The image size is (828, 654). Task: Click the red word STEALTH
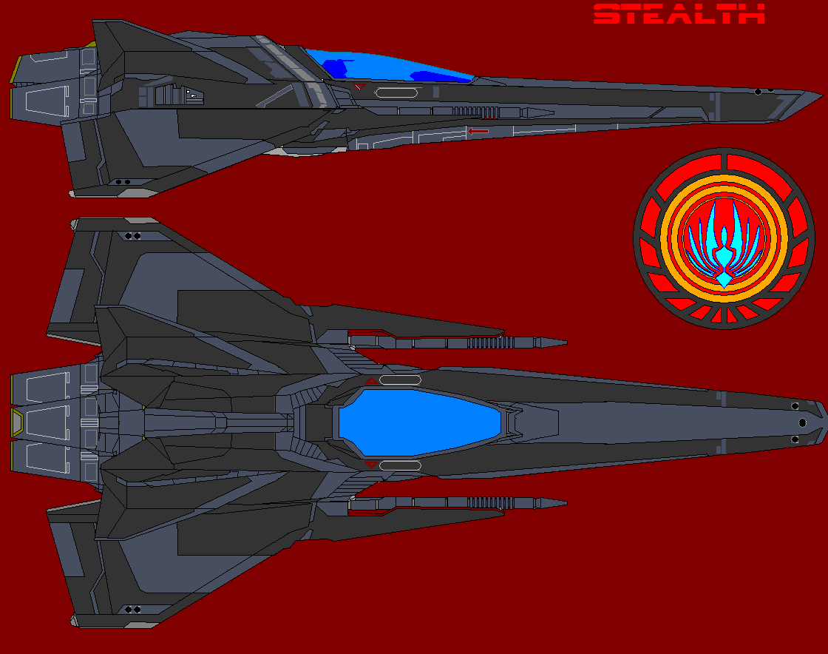coord(679,14)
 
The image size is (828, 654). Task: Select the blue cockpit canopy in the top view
coord(420,422)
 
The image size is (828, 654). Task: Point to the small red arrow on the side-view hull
coord(478,132)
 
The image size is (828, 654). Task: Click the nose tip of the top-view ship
coord(823,422)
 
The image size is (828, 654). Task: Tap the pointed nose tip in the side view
coord(821,94)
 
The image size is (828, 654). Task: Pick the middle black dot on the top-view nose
coord(802,422)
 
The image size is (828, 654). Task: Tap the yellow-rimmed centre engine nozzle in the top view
coord(16,422)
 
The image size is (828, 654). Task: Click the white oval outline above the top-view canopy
coord(400,380)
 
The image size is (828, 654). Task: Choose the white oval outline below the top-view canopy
coord(400,465)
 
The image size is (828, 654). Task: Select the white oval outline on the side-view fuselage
coord(398,93)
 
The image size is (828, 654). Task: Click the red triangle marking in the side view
coord(359,87)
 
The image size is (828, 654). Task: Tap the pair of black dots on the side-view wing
coord(123,181)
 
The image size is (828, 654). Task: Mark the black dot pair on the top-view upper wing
coord(133,236)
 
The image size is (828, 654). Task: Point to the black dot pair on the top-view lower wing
coord(133,610)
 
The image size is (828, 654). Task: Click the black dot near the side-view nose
coord(758,92)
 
